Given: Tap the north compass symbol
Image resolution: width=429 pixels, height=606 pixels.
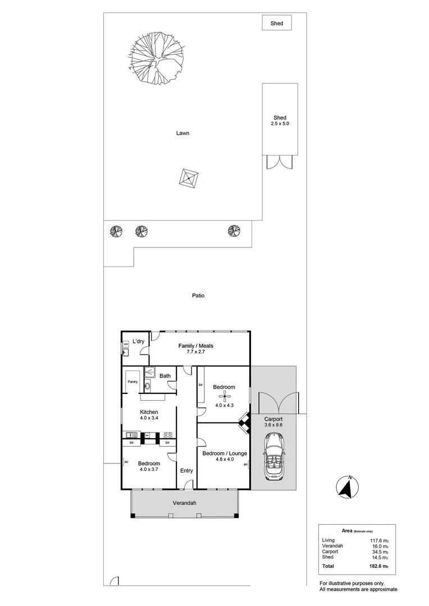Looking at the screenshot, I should pyautogui.click(x=348, y=488).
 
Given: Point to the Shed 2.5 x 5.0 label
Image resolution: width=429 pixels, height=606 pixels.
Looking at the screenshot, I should pyautogui.click(x=280, y=121).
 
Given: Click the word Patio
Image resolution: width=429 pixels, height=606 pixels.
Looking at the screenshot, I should pyautogui.click(x=197, y=296).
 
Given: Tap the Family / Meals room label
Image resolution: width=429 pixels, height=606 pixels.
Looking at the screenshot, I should pyautogui.click(x=195, y=349).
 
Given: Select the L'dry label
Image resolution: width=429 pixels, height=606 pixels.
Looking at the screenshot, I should pyautogui.click(x=138, y=342).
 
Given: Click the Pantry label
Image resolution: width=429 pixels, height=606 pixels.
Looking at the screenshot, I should pyautogui.click(x=133, y=382).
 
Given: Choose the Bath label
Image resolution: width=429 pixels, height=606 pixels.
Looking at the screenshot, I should pyautogui.click(x=165, y=376).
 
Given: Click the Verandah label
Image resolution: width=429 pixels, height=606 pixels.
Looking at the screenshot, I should pyautogui.click(x=184, y=503).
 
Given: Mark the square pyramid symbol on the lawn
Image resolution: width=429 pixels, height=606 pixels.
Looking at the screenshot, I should pyautogui.click(x=189, y=178).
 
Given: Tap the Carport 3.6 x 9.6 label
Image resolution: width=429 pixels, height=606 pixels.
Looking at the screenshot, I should pyautogui.click(x=273, y=422).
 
